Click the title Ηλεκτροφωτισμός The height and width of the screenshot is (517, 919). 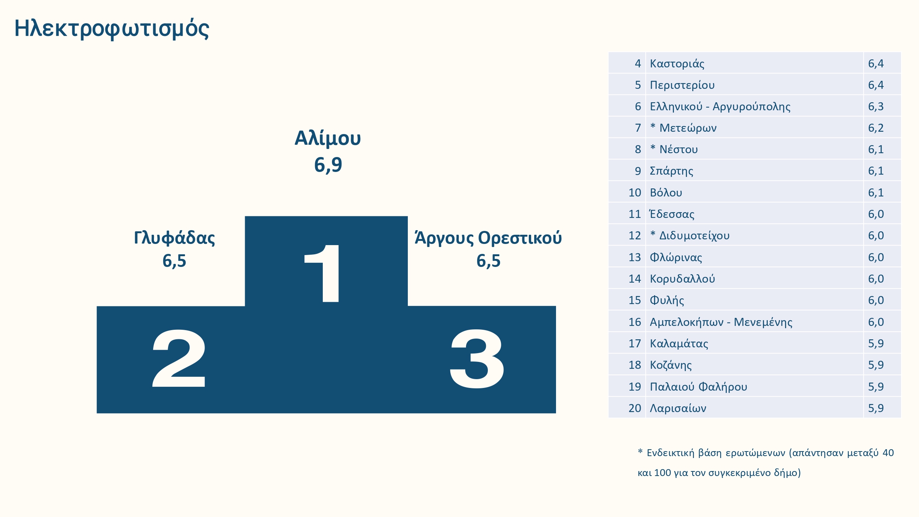[x=112, y=29]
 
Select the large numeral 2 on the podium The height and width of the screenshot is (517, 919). [x=179, y=358]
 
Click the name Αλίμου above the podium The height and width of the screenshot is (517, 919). [x=328, y=138]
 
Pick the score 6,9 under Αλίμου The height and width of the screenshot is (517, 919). [x=328, y=165]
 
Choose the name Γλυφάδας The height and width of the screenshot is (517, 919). [x=174, y=238]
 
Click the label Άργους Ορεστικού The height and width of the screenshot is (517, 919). [x=488, y=238]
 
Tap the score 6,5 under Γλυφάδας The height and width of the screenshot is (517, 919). [x=174, y=261]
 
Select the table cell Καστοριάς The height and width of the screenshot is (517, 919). [x=677, y=64]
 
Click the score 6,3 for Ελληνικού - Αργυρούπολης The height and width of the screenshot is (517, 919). [x=876, y=106]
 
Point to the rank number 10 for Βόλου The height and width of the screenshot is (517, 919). [x=634, y=193]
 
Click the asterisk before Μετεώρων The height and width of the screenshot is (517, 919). [x=653, y=126]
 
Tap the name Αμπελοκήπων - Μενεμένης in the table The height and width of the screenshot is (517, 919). [x=721, y=322]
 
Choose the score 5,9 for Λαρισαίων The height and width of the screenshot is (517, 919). [x=876, y=408]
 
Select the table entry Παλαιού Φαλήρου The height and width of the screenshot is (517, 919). [x=698, y=387]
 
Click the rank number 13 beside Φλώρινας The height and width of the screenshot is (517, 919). [x=634, y=257]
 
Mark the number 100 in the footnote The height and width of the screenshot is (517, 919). [x=662, y=473]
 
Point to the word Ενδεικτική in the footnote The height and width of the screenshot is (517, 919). [x=670, y=453]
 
